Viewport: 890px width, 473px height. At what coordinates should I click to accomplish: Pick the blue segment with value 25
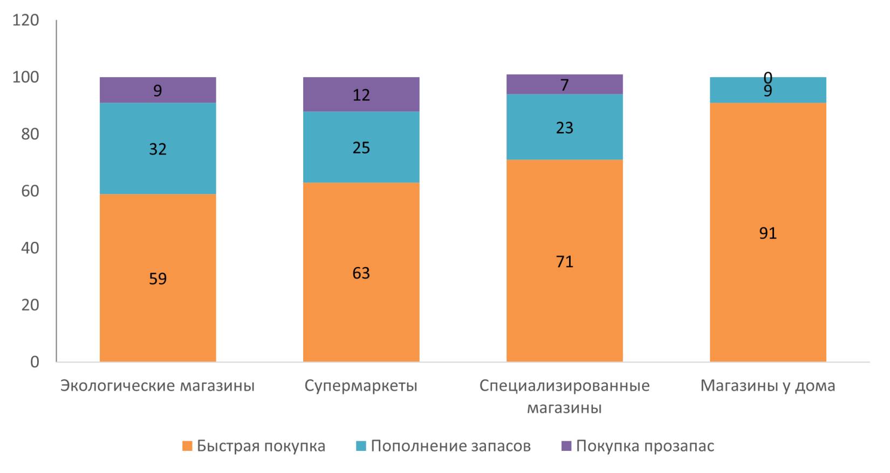[x=361, y=162]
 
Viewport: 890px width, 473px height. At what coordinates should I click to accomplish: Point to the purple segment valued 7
[x=564, y=85]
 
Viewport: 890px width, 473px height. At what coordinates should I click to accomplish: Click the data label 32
[x=158, y=149]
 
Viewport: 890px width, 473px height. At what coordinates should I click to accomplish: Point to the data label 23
[x=564, y=128]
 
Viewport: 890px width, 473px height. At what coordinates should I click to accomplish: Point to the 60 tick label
[x=30, y=191]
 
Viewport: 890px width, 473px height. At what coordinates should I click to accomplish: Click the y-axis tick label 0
[x=35, y=361]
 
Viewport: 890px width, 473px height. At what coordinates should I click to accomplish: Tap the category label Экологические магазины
[x=158, y=386]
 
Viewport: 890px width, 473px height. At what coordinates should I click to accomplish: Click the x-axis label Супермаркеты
[x=361, y=386]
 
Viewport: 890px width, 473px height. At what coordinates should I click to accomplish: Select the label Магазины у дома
[x=768, y=386]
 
